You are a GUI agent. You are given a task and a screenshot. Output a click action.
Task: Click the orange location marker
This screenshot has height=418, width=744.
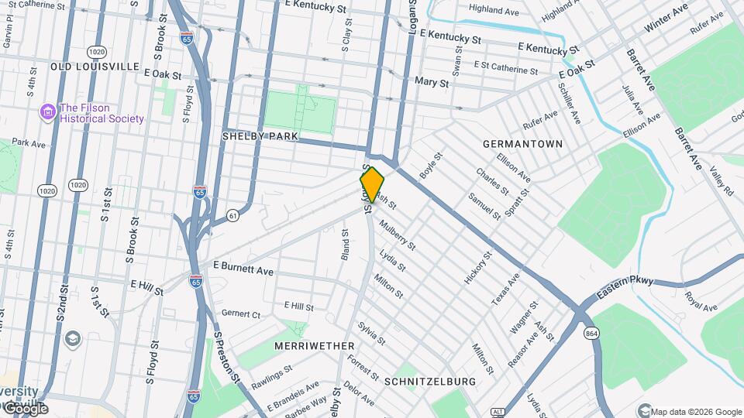tap(372, 184)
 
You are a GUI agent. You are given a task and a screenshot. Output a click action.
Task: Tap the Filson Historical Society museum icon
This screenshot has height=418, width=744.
tap(48, 113)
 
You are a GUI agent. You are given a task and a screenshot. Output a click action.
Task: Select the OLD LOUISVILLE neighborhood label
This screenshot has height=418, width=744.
tap(95, 67)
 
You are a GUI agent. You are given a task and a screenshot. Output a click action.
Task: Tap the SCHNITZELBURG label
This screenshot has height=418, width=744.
tap(429, 382)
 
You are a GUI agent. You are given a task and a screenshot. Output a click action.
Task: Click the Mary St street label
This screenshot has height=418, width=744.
tap(432, 82)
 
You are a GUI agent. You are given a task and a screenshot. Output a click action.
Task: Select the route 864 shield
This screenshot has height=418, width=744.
tap(591, 333)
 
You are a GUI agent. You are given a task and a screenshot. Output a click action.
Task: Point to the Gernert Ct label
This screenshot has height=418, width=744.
tap(241, 314)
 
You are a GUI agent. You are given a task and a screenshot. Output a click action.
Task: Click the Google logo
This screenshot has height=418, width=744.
tap(26, 409)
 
